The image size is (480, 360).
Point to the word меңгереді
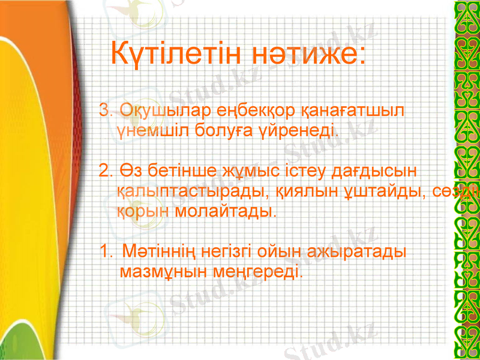point(259,271)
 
